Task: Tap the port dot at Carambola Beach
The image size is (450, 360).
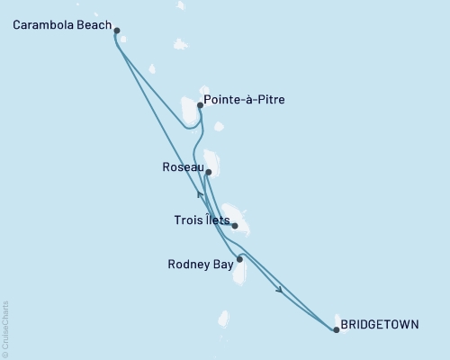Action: (x=117, y=29)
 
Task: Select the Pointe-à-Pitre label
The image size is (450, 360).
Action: (x=245, y=100)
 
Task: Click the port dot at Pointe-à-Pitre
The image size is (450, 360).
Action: (x=200, y=105)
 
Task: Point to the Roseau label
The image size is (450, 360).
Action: (x=181, y=166)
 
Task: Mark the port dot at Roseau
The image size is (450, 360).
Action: (x=208, y=172)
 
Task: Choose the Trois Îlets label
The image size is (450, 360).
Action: (x=202, y=219)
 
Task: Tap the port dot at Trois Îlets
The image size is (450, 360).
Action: (x=235, y=226)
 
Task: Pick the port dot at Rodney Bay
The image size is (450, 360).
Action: (x=239, y=259)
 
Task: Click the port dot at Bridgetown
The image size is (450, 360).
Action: (x=336, y=330)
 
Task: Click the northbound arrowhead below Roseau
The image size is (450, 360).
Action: (x=199, y=193)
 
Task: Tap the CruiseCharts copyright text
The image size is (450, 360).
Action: (x=5, y=328)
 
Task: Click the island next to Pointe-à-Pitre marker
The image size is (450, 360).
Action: (x=189, y=113)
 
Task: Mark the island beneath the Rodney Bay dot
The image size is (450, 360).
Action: (x=240, y=272)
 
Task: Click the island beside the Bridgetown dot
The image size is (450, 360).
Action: (x=342, y=322)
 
